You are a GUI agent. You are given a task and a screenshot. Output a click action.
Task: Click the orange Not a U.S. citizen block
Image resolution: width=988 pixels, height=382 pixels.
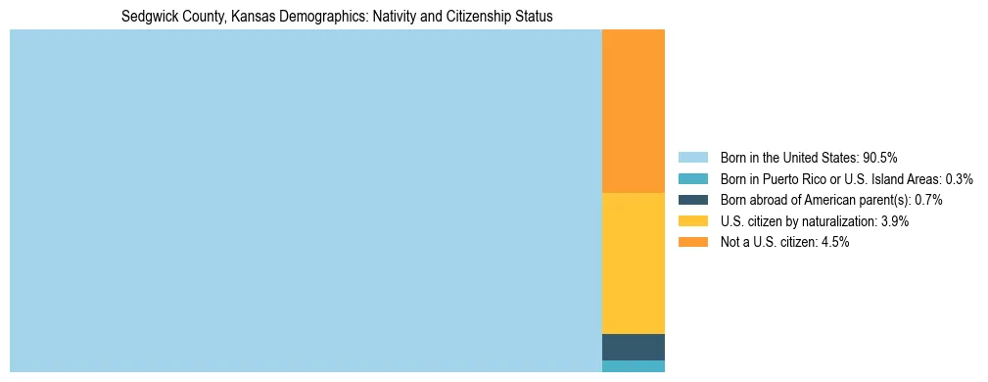(633, 112)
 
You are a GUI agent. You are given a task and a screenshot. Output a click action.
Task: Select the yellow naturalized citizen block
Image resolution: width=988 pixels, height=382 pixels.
(633, 263)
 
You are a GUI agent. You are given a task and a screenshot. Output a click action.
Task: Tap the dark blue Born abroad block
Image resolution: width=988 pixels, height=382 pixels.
(633, 347)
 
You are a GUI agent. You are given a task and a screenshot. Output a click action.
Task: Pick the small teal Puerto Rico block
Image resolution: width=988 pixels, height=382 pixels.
(633, 366)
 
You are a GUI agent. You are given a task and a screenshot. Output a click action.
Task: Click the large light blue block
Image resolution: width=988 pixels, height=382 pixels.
(306, 201)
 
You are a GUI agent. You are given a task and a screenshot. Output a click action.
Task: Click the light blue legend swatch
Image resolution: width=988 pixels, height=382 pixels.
(692, 157)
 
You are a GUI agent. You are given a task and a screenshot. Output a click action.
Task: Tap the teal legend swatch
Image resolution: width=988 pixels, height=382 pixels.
(692, 178)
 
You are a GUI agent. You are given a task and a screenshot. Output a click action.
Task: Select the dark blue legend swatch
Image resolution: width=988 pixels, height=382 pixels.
(692, 200)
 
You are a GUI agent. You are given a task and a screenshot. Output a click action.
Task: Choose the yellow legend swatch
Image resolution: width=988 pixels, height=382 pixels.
(692, 221)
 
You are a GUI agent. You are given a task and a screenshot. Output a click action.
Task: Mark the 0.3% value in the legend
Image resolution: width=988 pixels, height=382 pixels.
(959, 178)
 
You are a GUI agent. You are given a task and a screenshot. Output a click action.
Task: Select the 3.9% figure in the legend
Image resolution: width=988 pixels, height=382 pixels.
(894, 221)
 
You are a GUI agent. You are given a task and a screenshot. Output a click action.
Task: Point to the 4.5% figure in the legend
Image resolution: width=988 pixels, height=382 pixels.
(834, 243)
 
